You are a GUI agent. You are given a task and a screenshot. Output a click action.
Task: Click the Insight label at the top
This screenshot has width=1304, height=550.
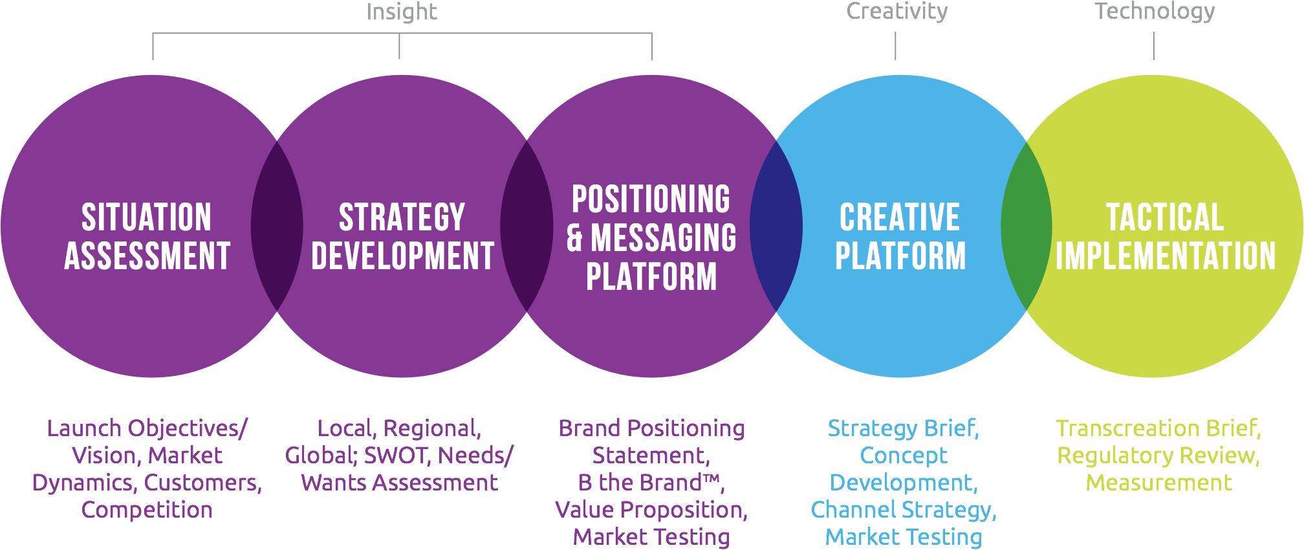pos(402,12)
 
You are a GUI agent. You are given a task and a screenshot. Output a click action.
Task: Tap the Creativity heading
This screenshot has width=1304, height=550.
pos(896,12)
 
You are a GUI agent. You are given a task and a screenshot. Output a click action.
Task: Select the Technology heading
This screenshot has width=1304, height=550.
pos(1155,12)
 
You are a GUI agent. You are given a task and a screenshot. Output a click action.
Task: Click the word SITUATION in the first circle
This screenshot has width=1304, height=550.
pos(147,217)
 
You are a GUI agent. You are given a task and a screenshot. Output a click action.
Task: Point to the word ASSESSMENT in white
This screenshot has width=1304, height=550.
pos(147,256)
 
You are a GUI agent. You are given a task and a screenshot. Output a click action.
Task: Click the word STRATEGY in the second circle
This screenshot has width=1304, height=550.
pos(402,217)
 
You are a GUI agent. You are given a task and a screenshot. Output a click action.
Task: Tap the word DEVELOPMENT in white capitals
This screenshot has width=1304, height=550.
pos(402,256)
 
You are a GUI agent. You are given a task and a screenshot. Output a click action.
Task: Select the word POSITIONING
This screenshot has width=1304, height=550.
pos(651,199)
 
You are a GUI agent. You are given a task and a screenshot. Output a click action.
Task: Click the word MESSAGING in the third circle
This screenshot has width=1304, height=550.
pos(664,237)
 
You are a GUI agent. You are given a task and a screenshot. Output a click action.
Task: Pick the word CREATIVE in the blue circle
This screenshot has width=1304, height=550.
pos(900,217)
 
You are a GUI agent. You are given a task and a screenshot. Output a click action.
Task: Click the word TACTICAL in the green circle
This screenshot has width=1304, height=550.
pos(1165,217)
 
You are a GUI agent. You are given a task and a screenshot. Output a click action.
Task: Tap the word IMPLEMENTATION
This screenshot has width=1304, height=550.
pos(1166,256)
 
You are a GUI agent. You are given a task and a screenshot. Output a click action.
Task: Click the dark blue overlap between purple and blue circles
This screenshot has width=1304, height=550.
pos(776,226)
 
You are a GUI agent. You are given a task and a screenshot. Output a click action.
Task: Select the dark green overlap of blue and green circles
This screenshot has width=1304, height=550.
pos(1027,226)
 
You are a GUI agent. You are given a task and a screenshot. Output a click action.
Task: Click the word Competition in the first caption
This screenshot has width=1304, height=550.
pos(147,511)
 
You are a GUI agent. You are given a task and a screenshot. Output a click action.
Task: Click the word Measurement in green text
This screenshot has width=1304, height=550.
pos(1159,483)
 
